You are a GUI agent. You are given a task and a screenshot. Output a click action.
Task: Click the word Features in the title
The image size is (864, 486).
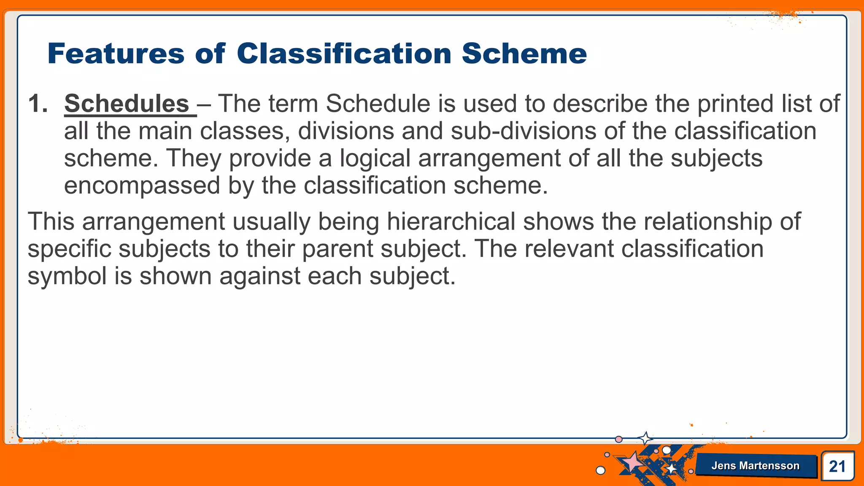coord(116,54)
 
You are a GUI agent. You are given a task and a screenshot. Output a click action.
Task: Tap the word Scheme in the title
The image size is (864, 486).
coord(524,54)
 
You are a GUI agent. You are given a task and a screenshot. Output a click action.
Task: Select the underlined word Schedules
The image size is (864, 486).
coord(127,104)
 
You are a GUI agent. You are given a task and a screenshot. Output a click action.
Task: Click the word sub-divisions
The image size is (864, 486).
coord(523,131)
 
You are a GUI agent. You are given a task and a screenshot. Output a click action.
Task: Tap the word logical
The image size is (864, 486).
coord(375,159)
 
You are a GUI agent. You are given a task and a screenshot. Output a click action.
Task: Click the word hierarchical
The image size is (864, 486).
coord(451,221)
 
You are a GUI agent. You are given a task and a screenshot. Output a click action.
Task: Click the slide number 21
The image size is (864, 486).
coord(837,467)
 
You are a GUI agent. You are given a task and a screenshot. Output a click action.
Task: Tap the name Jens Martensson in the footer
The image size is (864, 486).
coord(755,466)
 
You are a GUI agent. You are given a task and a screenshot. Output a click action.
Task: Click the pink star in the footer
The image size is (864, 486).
coord(632,462)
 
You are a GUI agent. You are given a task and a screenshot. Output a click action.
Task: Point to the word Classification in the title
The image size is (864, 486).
coord(344,54)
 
